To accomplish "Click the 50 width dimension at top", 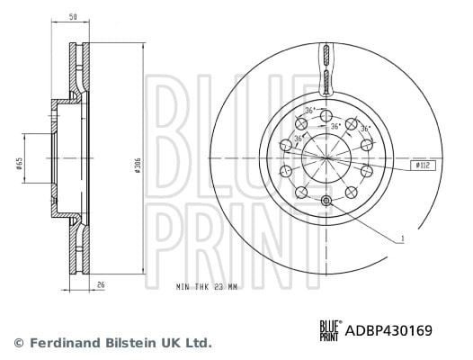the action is pos(73,17).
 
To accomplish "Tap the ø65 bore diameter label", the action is pos(19,163).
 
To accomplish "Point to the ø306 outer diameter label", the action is pos(138,166).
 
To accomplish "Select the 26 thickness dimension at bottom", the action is pos(101,284).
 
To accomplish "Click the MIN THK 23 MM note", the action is pos(207,286).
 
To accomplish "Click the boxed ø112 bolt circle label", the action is pos(423,166).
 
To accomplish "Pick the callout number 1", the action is pos(402,238).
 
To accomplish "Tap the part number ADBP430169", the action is pos(388,330).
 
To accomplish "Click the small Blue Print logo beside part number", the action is pos(331,330).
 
